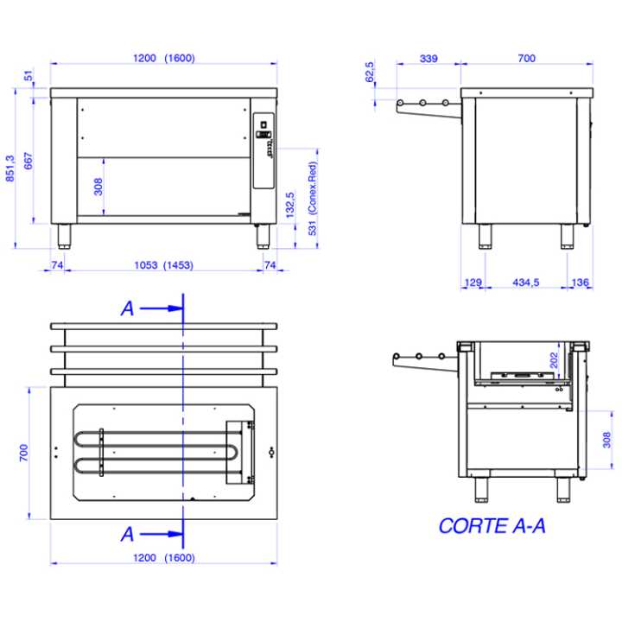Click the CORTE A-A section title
click(x=492, y=526)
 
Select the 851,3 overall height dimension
click(x=10, y=168)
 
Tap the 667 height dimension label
click(x=29, y=161)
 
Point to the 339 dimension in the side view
click(x=428, y=59)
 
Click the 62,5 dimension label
click(x=370, y=73)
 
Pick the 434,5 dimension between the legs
click(x=525, y=282)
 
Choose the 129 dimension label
click(x=473, y=282)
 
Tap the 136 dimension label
click(x=580, y=282)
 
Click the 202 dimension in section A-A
click(x=554, y=360)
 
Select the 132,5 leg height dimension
click(x=290, y=205)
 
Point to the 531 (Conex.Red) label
click(x=313, y=199)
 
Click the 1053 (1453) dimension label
click(x=164, y=265)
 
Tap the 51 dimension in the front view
click(x=29, y=75)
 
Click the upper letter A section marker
click(x=127, y=308)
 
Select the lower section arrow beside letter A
click(x=162, y=534)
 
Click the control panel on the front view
click(x=263, y=150)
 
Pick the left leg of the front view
click(x=64, y=237)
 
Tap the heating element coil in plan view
click(x=156, y=452)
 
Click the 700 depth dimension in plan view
click(x=24, y=453)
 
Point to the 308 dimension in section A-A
click(x=607, y=440)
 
